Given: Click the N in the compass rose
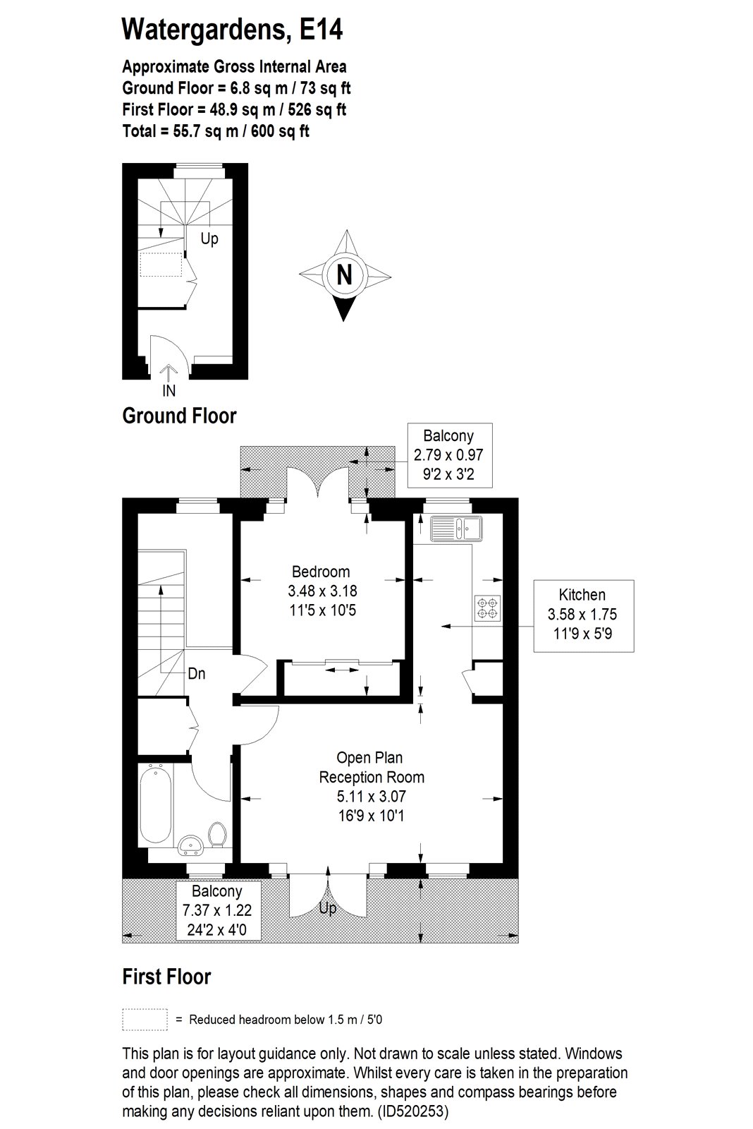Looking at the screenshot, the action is (345, 276).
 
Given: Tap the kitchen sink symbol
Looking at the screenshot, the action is (456, 529).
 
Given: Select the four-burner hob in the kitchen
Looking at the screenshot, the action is (488, 608).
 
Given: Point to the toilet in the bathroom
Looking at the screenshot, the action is (217, 834).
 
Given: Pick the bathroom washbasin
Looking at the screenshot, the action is (191, 845).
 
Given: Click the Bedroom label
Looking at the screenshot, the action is (321, 572).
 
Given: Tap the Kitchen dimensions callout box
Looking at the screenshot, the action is (583, 616).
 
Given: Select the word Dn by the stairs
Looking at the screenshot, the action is (197, 673).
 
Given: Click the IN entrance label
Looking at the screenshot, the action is (169, 390).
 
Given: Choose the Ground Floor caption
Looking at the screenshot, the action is (179, 416).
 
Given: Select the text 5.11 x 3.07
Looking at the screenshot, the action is (371, 797).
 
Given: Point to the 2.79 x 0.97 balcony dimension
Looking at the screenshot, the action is (448, 454).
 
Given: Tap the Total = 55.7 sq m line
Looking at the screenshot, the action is (216, 131).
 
